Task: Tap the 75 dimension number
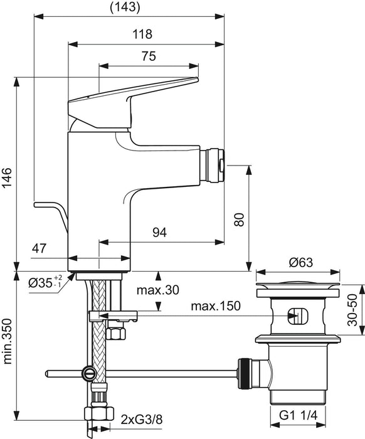coord(148,56)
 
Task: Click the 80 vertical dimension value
coord(239,219)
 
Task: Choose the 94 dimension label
coord(160,233)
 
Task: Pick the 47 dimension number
coord(40,249)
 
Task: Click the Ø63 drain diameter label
coord(297,263)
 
